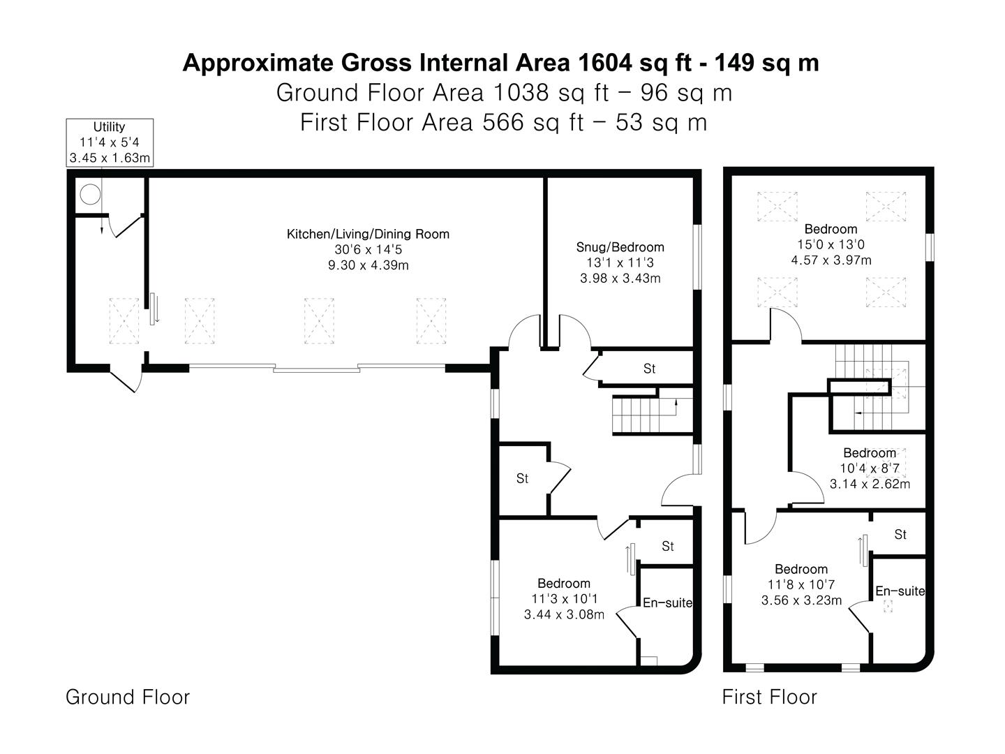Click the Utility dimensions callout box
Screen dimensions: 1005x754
tap(110, 142)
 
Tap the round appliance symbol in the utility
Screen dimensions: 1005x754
tap(90, 195)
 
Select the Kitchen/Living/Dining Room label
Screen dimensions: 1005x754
tap(368, 235)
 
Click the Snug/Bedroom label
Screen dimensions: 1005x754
tap(620, 247)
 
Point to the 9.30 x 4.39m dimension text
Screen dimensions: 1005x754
tap(368, 265)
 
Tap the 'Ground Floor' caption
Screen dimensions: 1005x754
tap(128, 697)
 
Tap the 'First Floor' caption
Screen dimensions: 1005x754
tap(769, 697)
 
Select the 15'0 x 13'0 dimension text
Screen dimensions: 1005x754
tap(831, 244)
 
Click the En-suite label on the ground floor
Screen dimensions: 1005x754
tap(667, 603)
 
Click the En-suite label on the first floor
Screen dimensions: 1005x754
tap(900, 591)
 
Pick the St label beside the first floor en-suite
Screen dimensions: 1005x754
tap(900, 534)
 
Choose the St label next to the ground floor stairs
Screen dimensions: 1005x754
tap(649, 369)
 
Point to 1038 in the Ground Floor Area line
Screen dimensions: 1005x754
tap(521, 93)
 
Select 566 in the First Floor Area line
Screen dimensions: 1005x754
tap(503, 122)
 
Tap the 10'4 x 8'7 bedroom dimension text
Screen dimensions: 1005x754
tap(870, 468)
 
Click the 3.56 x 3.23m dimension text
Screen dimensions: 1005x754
tap(801, 600)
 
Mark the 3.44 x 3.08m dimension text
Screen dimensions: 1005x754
tap(564, 614)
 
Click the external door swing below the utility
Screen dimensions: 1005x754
tap(126, 379)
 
